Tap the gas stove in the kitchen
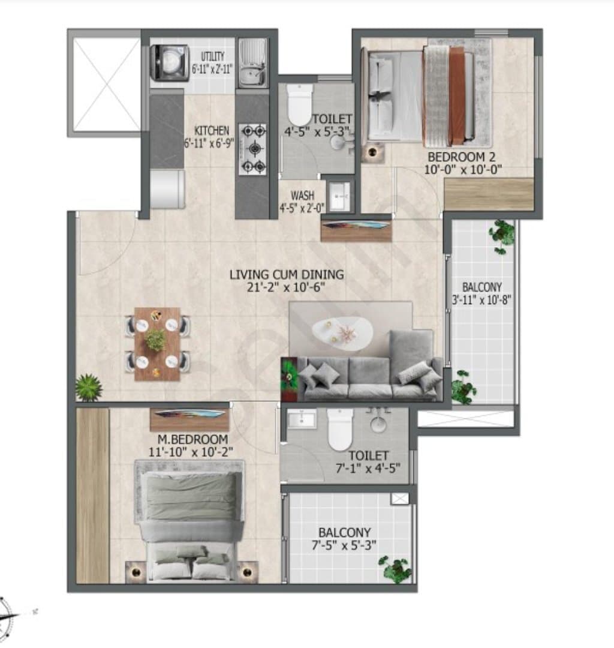(x=252, y=149)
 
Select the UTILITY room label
(x=213, y=56)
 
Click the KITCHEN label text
(x=212, y=131)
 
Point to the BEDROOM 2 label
(x=461, y=157)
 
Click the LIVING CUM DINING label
(x=287, y=274)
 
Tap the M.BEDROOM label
(x=193, y=439)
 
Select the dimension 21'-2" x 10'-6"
(x=286, y=287)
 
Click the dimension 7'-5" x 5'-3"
(x=344, y=545)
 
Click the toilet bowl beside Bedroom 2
(x=299, y=104)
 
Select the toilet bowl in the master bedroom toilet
(x=340, y=430)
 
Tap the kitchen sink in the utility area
(x=252, y=63)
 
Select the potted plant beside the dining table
(x=89, y=387)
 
